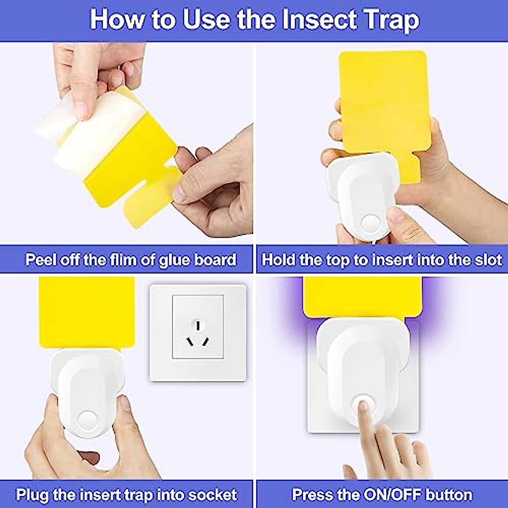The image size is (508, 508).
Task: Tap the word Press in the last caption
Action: click(312, 494)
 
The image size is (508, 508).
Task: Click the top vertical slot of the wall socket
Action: click(198, 325)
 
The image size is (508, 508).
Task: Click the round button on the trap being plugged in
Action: click(87, 420)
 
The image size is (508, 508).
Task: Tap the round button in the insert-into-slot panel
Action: click(371, 223)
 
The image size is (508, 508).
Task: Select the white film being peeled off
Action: click(85, 127)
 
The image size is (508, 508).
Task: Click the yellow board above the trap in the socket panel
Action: click(87, 311)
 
